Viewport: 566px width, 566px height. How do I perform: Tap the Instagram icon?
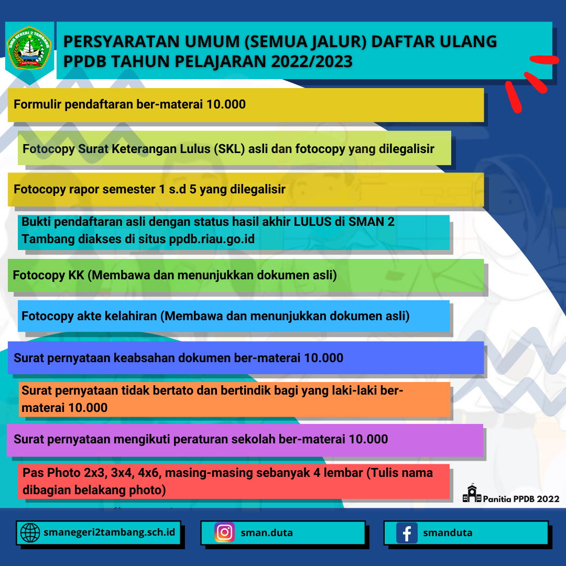(224, 532)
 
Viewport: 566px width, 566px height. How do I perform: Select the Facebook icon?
(406, 533)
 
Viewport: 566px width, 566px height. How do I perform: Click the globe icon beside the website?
(30, 533)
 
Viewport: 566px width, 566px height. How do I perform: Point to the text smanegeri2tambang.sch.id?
(110, 532)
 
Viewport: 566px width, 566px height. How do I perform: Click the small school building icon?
(472, 494)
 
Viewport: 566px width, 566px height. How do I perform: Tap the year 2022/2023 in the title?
(312, 61)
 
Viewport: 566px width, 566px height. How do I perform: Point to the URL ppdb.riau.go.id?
(212, 239)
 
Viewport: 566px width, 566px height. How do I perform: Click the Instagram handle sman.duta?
(267, 533)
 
